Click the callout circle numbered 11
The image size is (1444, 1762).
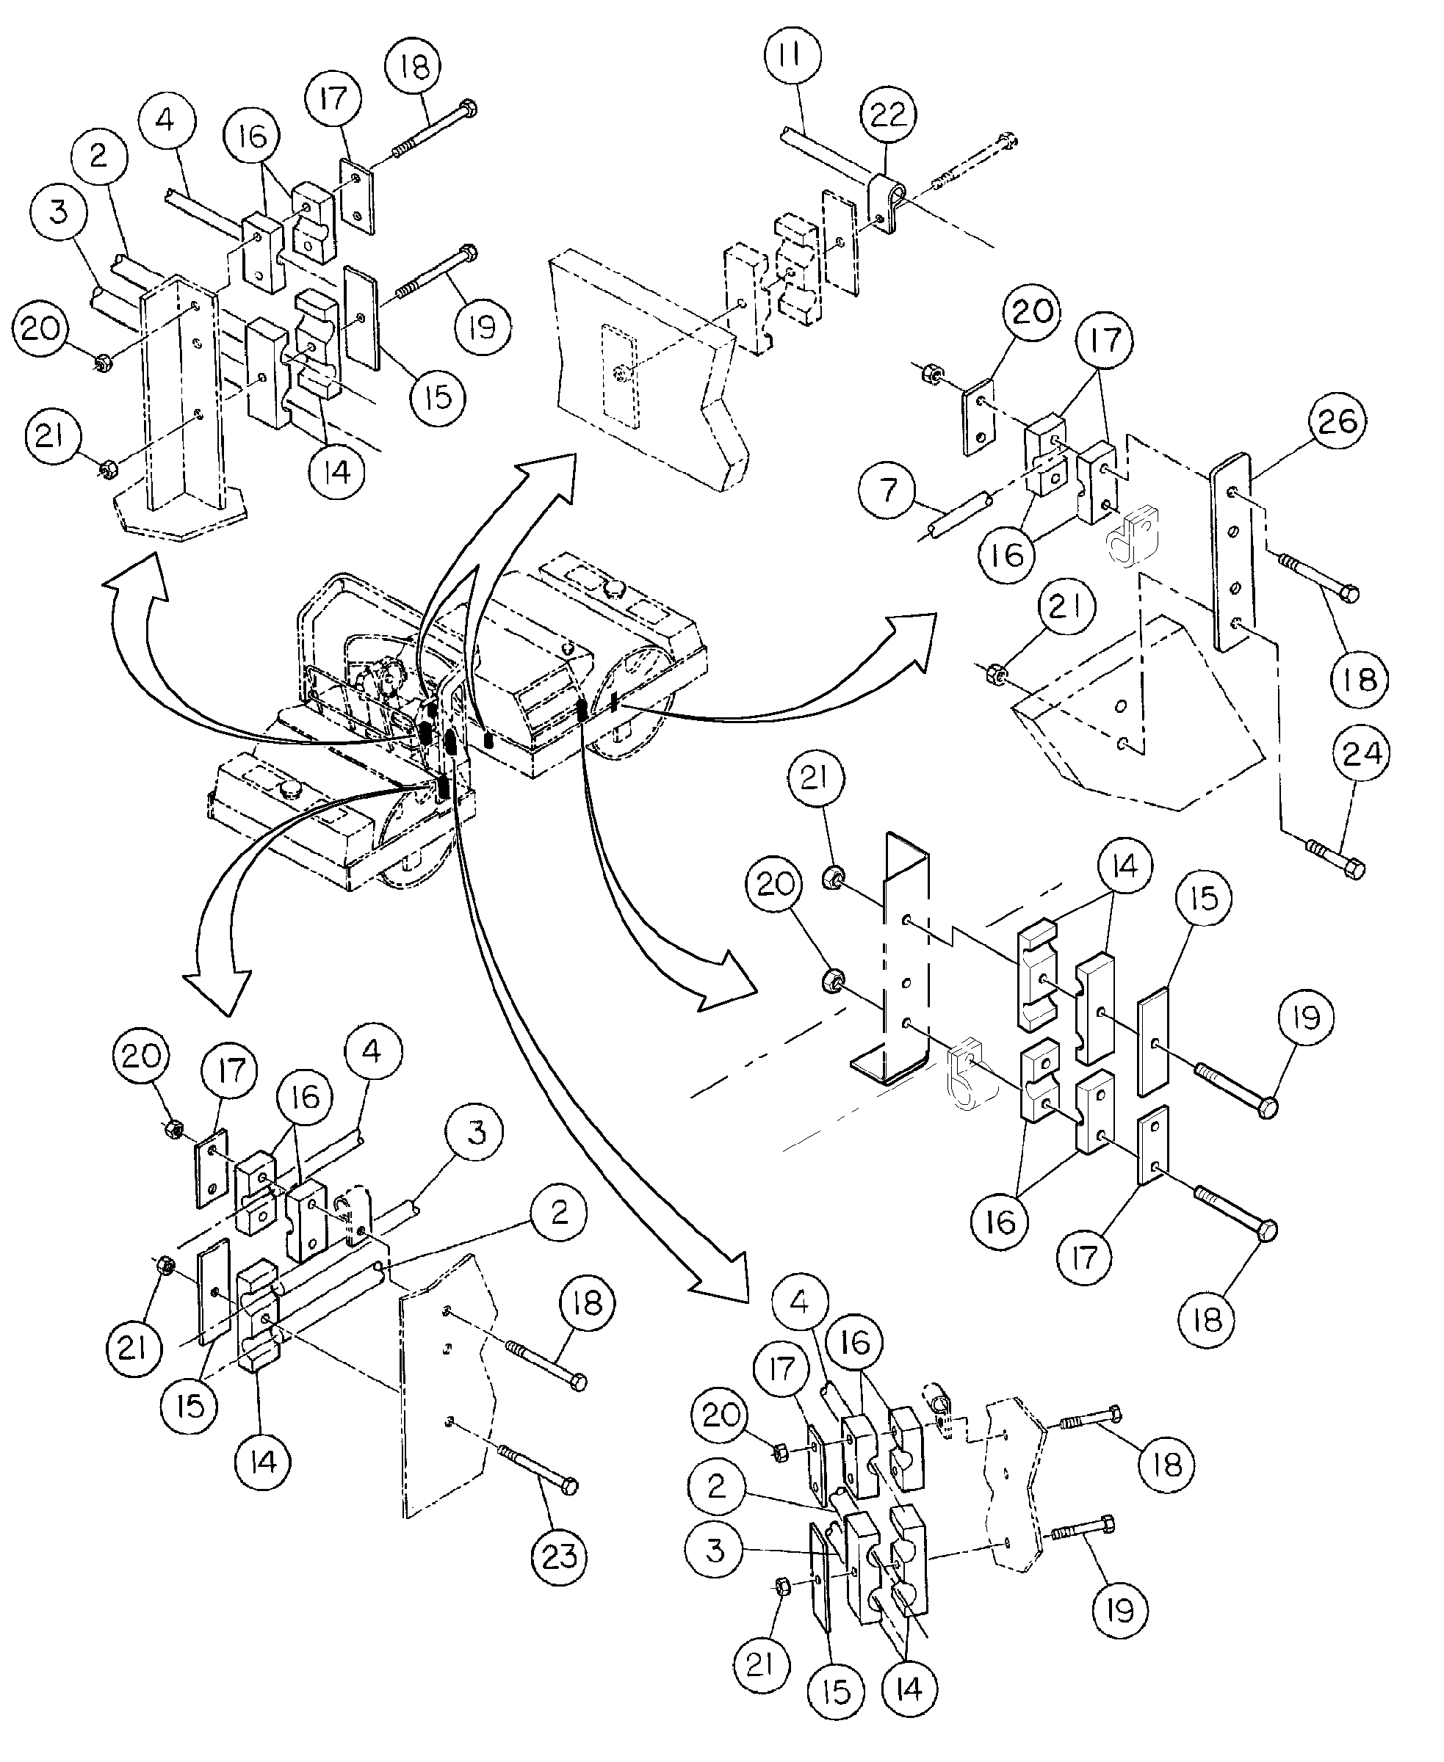pyautogui.click(x=791, y=57)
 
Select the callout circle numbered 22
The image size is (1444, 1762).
pyautogui.click(x=887, y=114)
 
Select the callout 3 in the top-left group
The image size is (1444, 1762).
pyautogui.click(x=57, y=212)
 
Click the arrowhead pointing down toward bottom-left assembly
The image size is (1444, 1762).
pyautogui.click(x=216, y=990)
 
